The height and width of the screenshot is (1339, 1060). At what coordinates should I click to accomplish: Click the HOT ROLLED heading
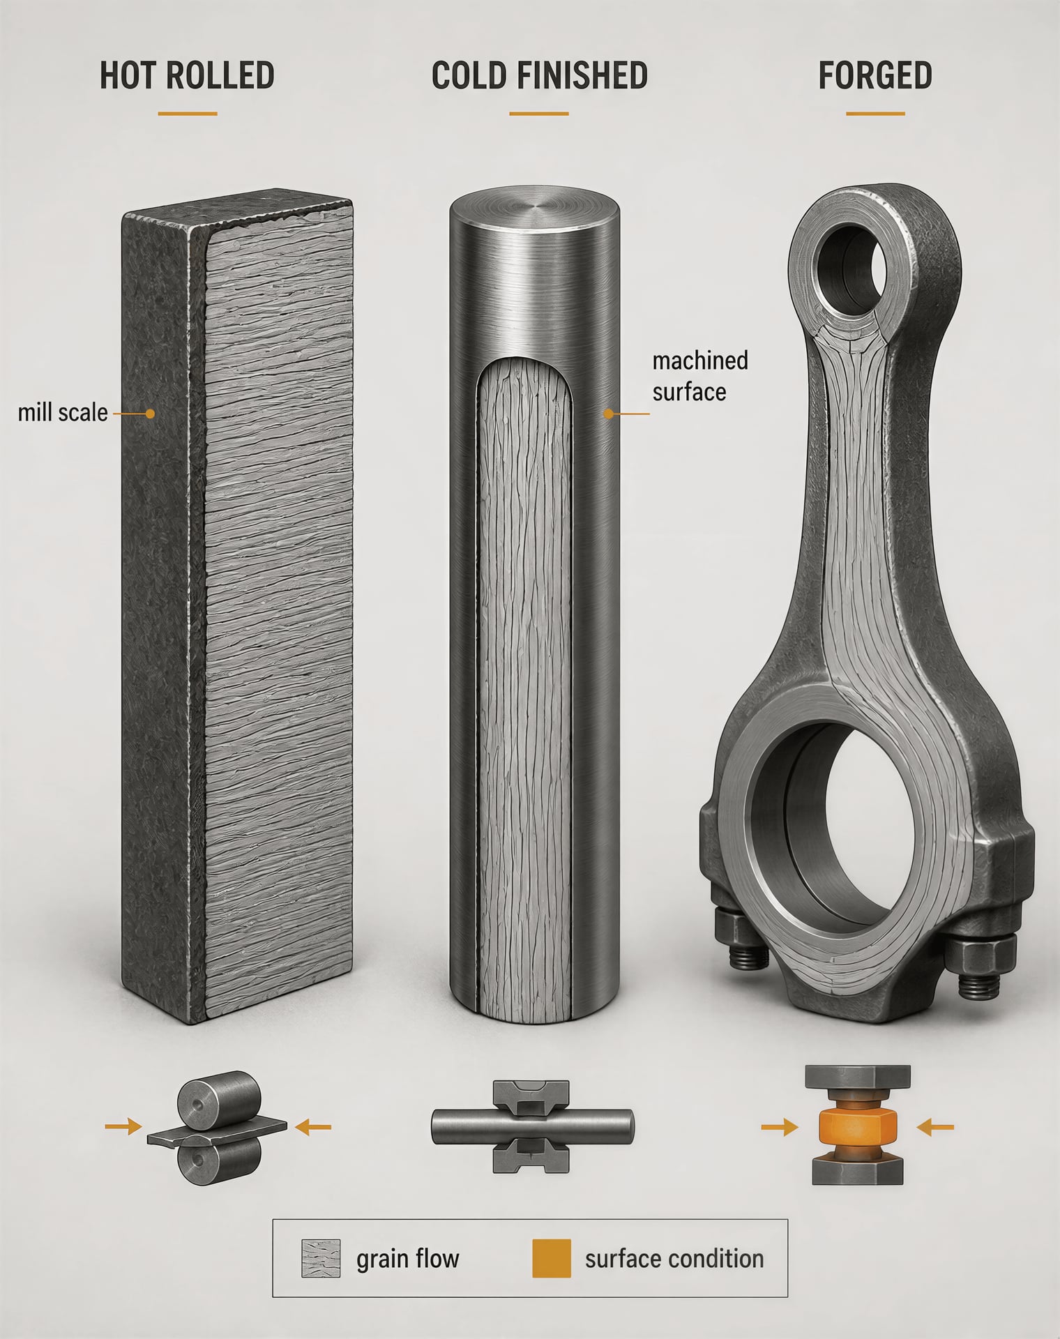coord(187,75)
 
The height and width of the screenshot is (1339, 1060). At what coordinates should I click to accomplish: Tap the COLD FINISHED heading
coord(539,75)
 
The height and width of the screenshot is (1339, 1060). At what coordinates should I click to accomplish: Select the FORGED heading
coord(875,75)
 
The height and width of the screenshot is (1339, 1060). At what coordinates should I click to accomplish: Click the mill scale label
coord(63,413)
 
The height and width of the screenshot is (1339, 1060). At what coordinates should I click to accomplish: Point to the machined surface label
coord(700,376)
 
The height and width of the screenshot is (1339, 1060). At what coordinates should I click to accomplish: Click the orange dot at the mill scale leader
coord(149,414)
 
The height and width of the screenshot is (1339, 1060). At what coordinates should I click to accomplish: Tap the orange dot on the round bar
coord(608,414)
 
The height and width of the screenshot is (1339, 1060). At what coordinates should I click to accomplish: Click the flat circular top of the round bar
coord(534,211)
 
